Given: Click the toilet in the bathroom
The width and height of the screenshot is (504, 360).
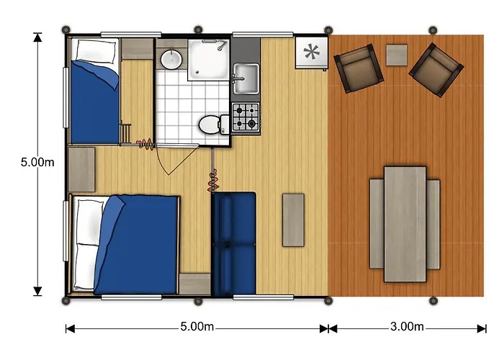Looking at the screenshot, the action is [214, 125].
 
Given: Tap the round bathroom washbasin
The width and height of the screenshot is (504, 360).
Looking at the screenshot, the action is [171, 59].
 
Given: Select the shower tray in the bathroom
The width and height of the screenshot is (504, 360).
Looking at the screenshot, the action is [209, 60].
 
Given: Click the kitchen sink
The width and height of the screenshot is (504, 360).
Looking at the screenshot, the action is [246, 78].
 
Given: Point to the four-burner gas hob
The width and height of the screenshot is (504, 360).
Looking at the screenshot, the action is [246, 117].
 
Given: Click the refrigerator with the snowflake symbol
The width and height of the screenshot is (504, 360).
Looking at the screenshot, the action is [312, 53].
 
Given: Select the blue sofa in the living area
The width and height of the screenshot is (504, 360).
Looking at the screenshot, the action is [234, 244].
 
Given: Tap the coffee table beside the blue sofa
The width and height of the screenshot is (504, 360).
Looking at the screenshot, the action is [293, 220].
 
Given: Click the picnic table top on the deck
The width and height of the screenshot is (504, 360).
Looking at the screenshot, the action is [405, 224].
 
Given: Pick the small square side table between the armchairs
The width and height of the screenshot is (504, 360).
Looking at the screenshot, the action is [397, 55].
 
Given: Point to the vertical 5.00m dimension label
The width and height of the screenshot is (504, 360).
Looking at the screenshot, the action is [37, 162].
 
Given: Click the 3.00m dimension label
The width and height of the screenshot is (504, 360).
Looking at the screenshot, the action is [407, 327].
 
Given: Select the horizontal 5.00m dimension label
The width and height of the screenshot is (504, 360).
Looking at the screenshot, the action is [197, 327].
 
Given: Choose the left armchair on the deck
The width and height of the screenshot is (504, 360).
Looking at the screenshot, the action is [359, 68].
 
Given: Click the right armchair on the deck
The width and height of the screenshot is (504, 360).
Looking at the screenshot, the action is [436, 70].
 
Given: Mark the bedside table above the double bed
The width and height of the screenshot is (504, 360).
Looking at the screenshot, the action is [81, 169].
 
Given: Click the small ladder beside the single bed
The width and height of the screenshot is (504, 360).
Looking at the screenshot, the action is [125, 133].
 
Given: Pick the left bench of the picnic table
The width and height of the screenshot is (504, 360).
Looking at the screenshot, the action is [377, 224].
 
